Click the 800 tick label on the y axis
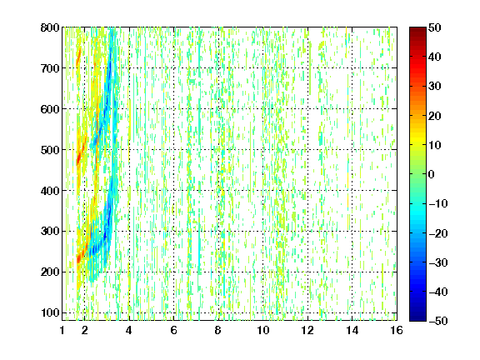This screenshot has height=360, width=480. tap(50, 27)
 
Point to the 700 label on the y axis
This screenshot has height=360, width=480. tap(50, 68)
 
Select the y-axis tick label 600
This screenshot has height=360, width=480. tap(50, 109)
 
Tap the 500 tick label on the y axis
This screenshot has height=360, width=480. tap(50, 150)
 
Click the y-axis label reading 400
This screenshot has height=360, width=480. tap(50, 191)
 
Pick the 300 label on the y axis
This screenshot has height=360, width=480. tap(50, 231)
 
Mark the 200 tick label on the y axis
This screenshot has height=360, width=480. tap(50, 272)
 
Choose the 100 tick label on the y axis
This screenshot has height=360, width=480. tap(50, 312)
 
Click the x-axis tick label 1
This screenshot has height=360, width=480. tap(62, 330)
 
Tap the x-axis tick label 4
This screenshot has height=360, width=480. tap(129, 330)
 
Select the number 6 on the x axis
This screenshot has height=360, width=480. tap(173, 330)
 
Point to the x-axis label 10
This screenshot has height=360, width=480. tap(263, 330)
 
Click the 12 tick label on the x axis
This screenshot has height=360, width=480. tap(307, 330)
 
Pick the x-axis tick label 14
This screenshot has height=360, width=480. tap(352, 330)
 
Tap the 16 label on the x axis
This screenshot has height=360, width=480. tap(397, 330)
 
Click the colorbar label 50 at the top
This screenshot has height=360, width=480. tap(435, 27)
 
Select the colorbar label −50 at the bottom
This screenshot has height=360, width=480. tap(438, 321)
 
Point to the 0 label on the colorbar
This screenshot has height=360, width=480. tap(432, 174)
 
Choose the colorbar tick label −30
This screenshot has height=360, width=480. tap(438, 262)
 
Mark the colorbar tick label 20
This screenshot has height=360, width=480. tap(435, 116)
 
